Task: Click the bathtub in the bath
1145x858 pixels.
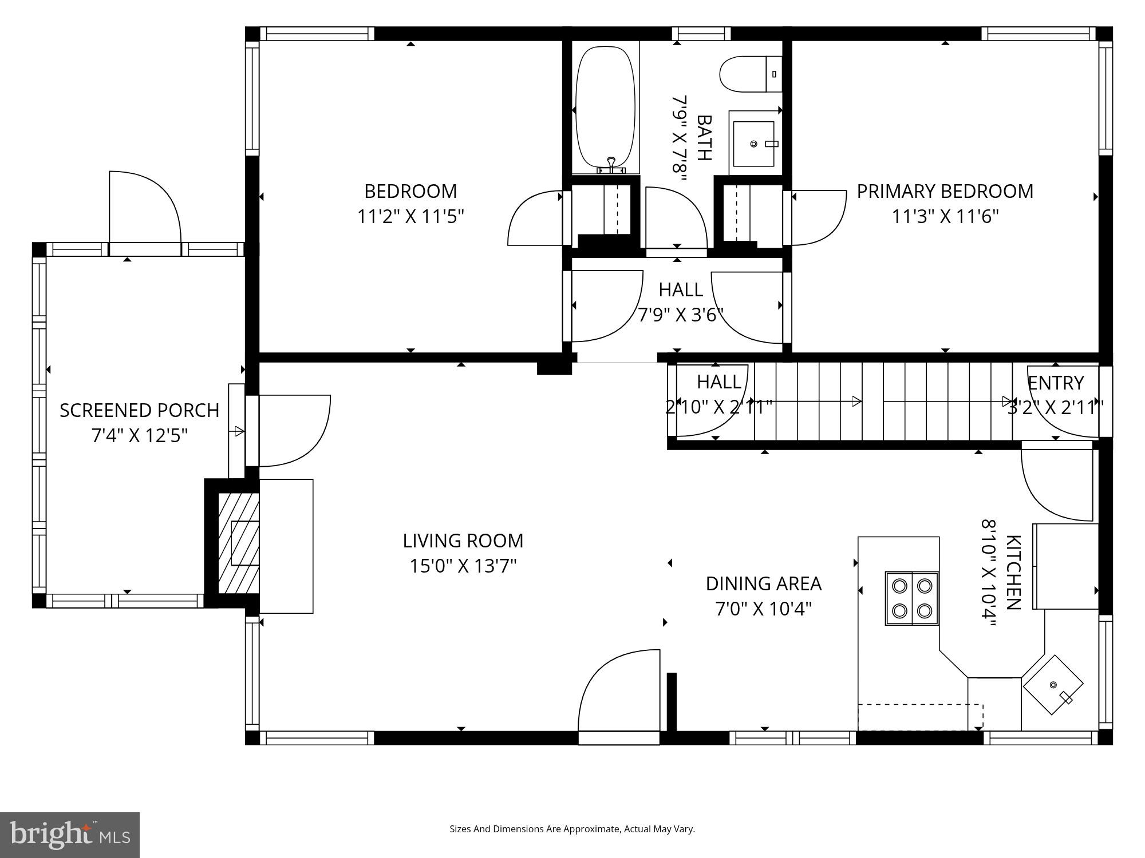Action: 605,109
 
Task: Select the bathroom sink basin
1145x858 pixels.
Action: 753,144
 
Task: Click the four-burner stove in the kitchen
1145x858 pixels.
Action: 911,598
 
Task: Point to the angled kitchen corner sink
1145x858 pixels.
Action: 1052,685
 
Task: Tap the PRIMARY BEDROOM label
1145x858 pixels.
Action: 945,191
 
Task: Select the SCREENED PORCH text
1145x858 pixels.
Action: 139,410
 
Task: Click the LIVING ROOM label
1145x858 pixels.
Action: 463,541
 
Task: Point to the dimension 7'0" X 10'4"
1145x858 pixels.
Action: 763,609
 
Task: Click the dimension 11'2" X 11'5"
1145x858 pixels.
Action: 410,217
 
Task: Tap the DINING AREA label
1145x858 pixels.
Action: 763,583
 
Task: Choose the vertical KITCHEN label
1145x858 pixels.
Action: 1013,572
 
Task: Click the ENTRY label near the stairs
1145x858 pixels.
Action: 1055,382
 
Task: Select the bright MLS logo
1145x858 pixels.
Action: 70,835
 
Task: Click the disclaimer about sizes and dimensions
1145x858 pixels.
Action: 572,829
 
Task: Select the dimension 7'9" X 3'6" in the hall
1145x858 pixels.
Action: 681,315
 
